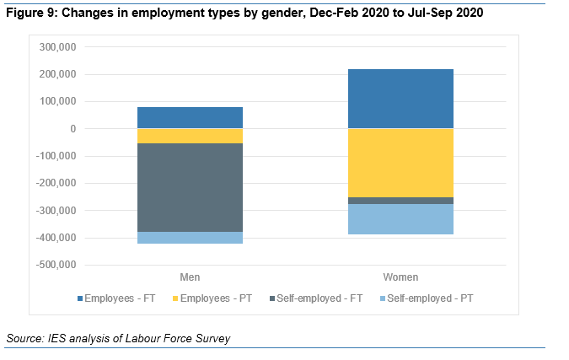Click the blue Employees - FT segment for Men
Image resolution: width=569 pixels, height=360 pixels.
coord(190,117)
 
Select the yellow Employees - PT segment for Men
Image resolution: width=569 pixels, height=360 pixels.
coord(190,136)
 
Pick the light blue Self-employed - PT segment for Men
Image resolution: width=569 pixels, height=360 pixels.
coord(190,238)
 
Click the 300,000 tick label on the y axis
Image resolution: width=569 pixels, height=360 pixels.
coord(57,47)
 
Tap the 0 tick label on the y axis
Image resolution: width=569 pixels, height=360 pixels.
coord(73,129)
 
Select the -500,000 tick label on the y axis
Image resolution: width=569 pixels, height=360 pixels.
coord(56,265)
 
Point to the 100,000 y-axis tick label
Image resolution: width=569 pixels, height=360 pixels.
coord(57,102)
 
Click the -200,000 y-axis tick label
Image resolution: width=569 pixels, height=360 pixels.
coord(56,183)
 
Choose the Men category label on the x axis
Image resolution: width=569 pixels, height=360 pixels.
coord(190,277)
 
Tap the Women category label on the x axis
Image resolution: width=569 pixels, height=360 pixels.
coord(400,277)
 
